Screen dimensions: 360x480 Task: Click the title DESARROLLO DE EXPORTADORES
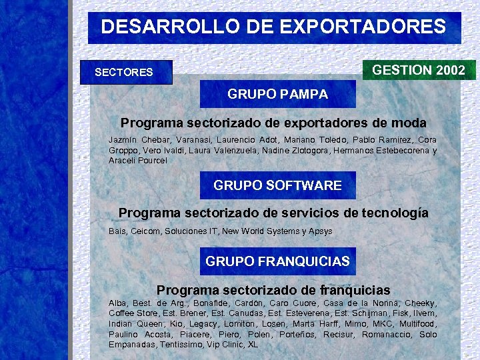[273, 27]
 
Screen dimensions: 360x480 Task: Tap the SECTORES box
[125, 72]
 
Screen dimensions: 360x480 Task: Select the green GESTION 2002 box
[418, 70]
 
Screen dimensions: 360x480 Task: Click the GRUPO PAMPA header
[277, 94]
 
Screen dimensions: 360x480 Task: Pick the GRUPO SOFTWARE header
[277, 185]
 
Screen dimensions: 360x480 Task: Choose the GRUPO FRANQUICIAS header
[277, 261]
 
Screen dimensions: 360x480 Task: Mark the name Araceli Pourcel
[138, 161]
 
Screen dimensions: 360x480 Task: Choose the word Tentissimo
[180, 345]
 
